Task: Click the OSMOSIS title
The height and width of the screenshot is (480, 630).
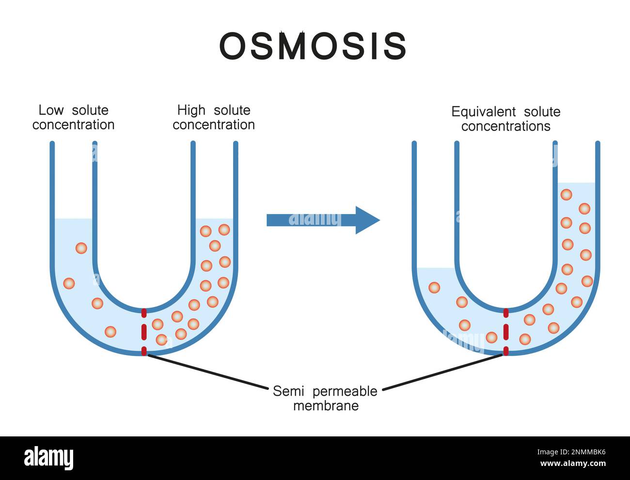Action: click(x=313, y=46)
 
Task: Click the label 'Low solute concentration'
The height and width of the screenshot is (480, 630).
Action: click(x=73, y=117)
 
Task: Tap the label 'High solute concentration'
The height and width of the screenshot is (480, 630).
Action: click(x=214, y=117)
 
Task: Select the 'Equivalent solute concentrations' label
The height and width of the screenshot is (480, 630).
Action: click(x=505, y=119)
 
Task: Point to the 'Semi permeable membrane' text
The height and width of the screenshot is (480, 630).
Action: click(x=325, y=398)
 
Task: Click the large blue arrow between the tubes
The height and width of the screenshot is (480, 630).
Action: click(x=323, y=220)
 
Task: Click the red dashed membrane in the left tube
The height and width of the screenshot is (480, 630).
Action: click(x=144, y=332)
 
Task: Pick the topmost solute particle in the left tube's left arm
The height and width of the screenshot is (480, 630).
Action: click(x=81, y=248)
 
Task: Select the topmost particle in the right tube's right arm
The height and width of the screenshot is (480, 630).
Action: click(x=566, y=195)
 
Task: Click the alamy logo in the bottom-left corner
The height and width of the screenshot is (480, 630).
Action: click(x=48, y=458)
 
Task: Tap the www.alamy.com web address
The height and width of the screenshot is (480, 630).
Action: click(x=573, y=464)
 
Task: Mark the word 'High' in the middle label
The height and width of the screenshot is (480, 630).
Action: click(x=191, y=110)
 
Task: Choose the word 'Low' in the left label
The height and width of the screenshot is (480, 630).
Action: click(x=51, y=110)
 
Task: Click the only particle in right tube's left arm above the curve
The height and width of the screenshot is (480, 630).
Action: click(x=434, y=288)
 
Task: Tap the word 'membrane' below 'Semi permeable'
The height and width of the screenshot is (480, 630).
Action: click(x=326, y=406)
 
